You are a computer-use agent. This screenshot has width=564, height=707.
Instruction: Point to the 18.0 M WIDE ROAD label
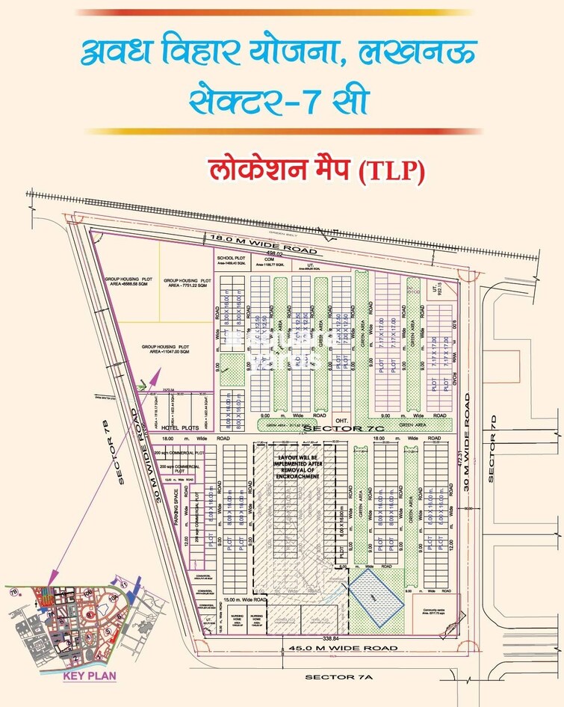coord(264,244)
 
